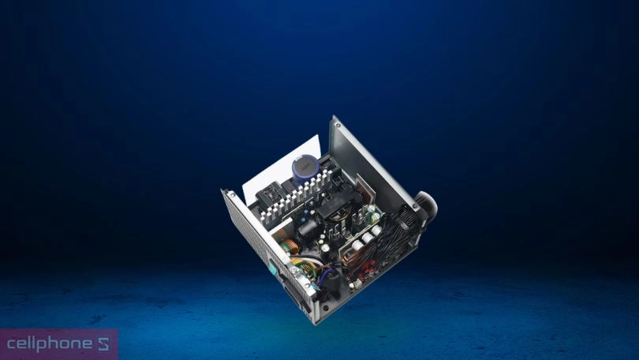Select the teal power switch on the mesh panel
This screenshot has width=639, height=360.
tap(273, 267)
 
